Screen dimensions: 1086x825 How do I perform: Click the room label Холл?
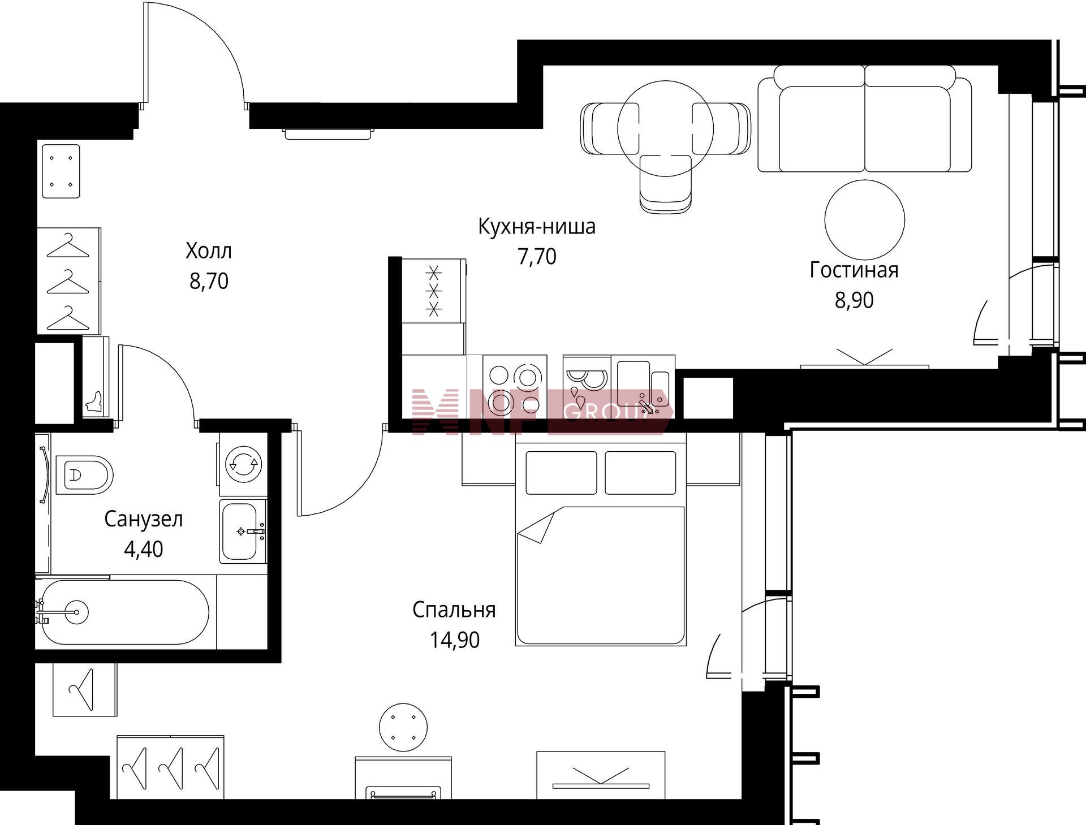(x=209, y=250)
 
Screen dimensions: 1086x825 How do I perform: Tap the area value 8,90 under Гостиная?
(x=854, y=300)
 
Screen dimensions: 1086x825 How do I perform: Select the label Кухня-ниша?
(x=537, y=226)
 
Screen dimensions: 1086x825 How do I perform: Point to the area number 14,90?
(x=455, y=640)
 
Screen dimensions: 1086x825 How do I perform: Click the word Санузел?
(x=144, y=519)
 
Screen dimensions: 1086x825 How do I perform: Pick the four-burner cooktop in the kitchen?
(x=515, y=387)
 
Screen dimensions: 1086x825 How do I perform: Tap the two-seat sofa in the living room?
(x=864, y=119)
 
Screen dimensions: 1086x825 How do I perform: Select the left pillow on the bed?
(x=561, y=473)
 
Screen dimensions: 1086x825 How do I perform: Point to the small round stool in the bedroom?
(x=403, y=727)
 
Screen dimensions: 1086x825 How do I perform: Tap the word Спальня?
(x=454, y=610)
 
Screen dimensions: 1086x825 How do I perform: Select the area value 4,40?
(x=144, y=549)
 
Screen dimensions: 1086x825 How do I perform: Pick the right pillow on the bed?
(x=640, y=473)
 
